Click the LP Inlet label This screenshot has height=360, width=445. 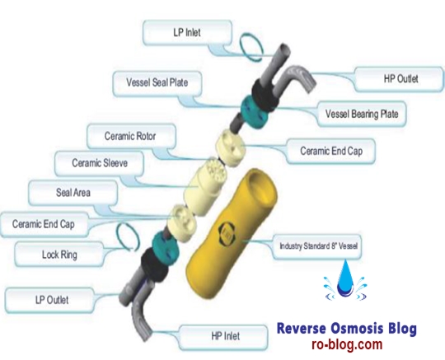click(x=187, y=33)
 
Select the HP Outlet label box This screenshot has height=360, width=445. click(x=399, y=79)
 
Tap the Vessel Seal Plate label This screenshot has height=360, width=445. click(x=157, y=83)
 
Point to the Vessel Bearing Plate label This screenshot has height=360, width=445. click(x=362, y=114)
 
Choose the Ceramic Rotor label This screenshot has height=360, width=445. click(x=131, y=136)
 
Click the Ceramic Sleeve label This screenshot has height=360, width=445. click(x=100, y=163)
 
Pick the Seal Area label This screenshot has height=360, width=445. click(x=73, y=193)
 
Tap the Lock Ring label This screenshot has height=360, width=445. click(x=59, y=255)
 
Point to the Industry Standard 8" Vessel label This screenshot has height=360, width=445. click(x=317, y=246)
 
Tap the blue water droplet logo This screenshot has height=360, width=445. click(x=345, y=281)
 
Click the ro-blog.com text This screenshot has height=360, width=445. click(x=347, y=344)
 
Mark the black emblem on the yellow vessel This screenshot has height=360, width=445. click(x=226, y=234)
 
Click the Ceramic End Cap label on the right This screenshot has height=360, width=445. click(x=331, y=151)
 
